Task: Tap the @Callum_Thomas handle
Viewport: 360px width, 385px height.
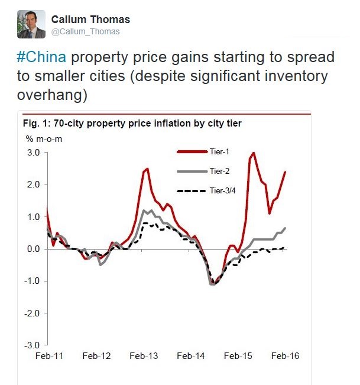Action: [x=85, y=31]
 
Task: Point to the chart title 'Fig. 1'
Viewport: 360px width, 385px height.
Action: [x=35, y=124]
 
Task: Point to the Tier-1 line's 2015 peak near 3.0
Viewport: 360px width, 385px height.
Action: [x=254, y=153]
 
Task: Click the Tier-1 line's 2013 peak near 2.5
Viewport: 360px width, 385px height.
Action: [x=147, y=169]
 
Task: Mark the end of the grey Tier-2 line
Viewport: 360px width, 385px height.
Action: [x=286, y=228]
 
